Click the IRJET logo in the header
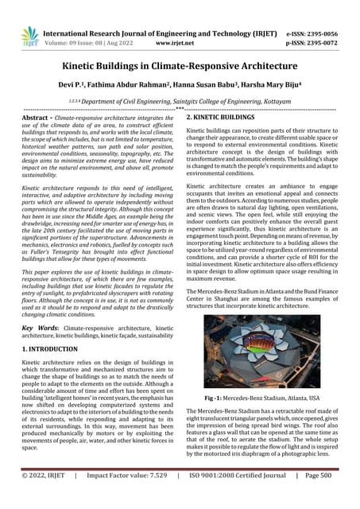[x=30, y=35]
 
